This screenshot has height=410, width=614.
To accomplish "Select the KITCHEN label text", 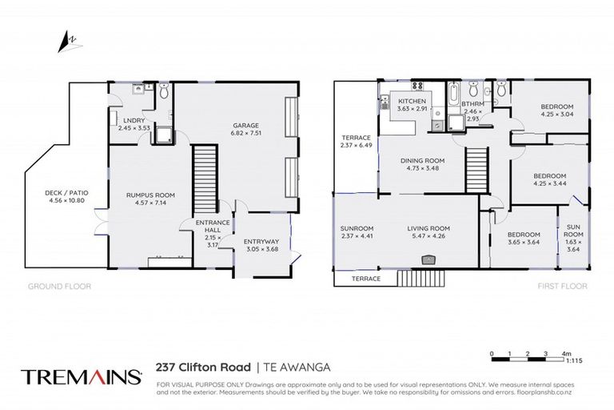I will pos(413,102).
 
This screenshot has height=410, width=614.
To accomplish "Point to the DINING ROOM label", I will pos(423,160).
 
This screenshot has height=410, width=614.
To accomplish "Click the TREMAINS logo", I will pos(77,376).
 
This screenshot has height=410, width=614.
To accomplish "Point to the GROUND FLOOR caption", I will pos(59,286).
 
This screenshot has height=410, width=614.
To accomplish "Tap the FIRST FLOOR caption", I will pos(563,286).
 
